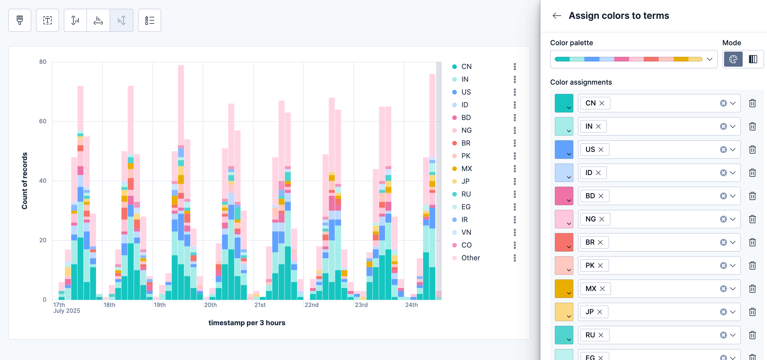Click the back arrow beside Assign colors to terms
point(557,16)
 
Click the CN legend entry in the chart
point(466,67)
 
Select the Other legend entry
point(470,258)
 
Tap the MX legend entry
point(466,168)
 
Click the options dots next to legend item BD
point(515,118)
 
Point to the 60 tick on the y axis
point(43,121)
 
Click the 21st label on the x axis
point(260,305)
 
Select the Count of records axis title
point(24,181)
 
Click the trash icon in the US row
point(752,150)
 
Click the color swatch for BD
point(564,196)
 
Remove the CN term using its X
point(602,103)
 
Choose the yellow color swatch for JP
point(564,312)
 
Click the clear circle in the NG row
point(723,219)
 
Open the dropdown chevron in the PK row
point(733,266)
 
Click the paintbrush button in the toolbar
point(20,20)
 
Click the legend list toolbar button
point(150,20)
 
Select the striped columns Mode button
point(753,59)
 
